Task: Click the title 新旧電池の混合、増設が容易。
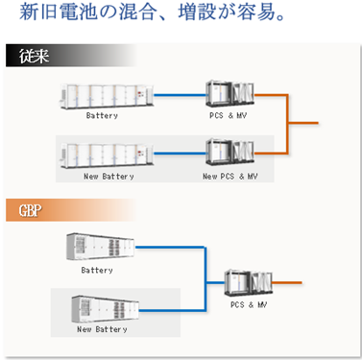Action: point(152,12)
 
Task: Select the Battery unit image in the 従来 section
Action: point(107,96)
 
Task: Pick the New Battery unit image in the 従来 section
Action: point(107,156)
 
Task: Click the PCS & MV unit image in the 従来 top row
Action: point(230,93)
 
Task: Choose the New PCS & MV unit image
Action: point(230,153)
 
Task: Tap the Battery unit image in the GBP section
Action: point(100,247)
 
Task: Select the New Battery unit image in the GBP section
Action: point(106,309)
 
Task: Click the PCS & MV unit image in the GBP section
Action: point(249,283)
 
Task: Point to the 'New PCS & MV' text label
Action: point(230,176)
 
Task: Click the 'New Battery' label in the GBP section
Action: point(102,329)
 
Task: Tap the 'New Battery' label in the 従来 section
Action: point(109,177)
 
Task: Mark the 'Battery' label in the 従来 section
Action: point(102,115)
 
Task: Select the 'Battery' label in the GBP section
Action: point(97,270)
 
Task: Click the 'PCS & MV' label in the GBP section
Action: point(249,304)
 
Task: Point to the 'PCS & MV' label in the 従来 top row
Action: point(229,115)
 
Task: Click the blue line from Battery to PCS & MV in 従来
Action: point(180,95)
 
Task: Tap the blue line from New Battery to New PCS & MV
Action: point(180,154)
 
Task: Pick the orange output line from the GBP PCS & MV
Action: point(287,282)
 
